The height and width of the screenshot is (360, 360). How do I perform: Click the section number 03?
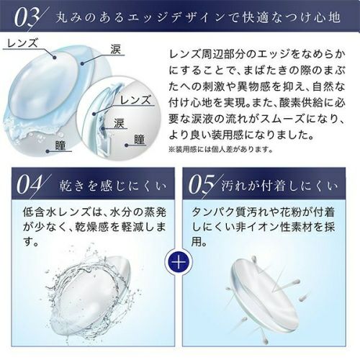click(x=27, y=19)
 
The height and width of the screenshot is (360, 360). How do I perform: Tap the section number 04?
click(x=28, y=185)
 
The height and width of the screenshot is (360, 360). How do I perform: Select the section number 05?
click(x=200, y=185)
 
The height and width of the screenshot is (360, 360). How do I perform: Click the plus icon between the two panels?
click(x=179, y=261)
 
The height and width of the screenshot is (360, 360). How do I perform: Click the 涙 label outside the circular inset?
click(x=115, y=50)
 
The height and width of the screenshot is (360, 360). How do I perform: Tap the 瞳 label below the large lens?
click(x=60, y=145)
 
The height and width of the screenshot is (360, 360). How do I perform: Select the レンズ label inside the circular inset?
click(x=135, y=100)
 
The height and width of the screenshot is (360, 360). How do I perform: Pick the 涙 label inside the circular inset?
click(x=119, y=123)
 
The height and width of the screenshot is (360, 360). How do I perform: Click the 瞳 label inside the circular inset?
click(x=140, y=140)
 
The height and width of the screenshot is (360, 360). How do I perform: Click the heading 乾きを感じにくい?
click(x=113, y=186)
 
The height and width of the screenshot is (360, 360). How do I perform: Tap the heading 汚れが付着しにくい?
click(x=279, y=186)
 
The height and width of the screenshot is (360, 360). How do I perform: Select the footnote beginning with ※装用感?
click(x=221, y=150)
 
